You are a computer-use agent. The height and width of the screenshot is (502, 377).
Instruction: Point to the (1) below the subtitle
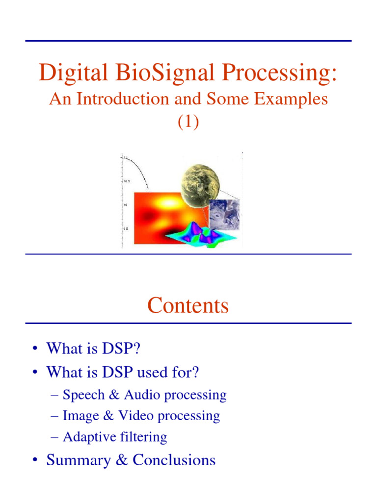pyautogui.click(x=188, y=123)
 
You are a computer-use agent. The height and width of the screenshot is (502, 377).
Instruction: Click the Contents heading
pyautogui.click(x=188, y=306)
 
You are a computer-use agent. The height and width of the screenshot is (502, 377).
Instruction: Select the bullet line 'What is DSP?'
pyautogui.click(x=96, y=349)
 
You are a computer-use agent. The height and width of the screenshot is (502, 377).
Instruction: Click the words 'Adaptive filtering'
pyautogui.click(x=115, y=437)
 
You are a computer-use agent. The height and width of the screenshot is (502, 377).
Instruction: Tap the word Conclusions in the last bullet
pyautogui.click(x=174, y=460)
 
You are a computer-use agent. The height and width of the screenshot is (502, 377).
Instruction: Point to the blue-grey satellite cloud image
pyautogui.click(x=224, y=214)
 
